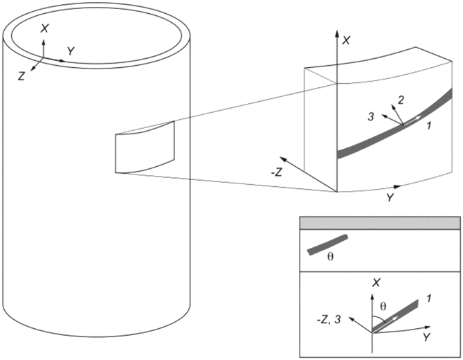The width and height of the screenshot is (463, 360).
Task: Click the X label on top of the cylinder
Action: [x=44, y=28]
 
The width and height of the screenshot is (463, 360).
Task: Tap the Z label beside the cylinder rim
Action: [x=21, y=76]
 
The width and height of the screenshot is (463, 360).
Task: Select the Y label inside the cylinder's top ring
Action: [x=71, y=51]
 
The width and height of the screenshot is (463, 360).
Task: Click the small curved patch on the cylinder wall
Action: [x=145, y=147]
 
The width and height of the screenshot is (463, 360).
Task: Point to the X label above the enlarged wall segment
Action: [x=346, y=40]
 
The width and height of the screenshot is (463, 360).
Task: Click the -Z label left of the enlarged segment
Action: [x=276, y=172]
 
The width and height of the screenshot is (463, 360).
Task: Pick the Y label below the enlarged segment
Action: [x=390, y=197]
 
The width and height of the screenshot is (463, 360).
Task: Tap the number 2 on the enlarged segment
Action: [x=401, y=100]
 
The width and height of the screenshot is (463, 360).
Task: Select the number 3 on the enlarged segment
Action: [x=371, y=117]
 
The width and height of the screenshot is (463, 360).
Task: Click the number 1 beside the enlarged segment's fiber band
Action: [x=429, y=126]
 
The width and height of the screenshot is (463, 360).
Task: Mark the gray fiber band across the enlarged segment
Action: [x=394, y=124]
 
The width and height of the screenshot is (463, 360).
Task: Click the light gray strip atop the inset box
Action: [x=380, y=223]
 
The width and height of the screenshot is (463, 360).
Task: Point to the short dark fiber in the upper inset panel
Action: [x=327, y=245]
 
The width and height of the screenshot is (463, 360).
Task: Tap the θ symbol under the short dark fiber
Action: [x=331, y=257]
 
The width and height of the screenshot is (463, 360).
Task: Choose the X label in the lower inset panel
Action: [x=376, y=283]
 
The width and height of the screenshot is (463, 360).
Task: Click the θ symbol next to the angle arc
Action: [x=383, y=307]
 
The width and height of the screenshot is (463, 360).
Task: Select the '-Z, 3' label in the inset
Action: [x=329, y=320]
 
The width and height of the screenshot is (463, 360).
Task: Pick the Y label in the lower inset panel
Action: [x=426, y=338]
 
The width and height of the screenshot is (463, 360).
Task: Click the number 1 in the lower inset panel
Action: [x=428, y=299]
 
